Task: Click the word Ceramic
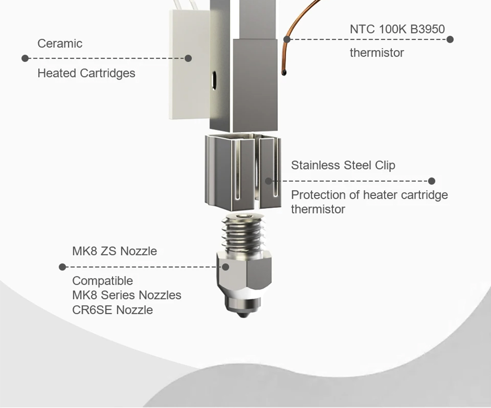point(60,43)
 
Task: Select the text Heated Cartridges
point(86,73)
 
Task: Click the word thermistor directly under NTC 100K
point(377,53)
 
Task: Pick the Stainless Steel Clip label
point(343,165)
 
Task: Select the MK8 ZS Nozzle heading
point(114,251)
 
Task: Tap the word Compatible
point(103,281)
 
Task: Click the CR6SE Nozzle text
point(112,310)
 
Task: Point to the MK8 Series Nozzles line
point(127,295)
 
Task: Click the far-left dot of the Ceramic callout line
point(25,58)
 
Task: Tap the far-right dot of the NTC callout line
point(450,39)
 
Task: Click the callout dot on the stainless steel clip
point(269,181)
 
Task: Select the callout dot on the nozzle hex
point(226,267)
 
